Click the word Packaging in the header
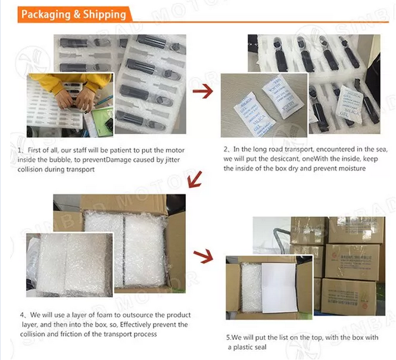click(x=46, y=14)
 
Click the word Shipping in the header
click(x=104, y=14)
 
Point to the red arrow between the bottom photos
click(x=203, y=256)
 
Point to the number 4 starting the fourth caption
click(x=23, y=315)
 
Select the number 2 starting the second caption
click(x=226, y=149)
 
